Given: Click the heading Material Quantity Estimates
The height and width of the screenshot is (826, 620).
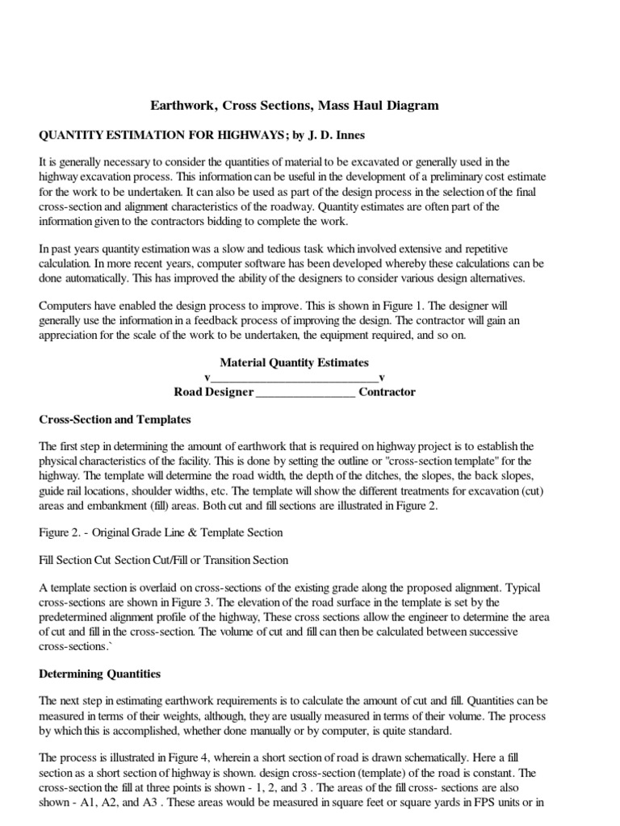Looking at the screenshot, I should [x=294, y=363].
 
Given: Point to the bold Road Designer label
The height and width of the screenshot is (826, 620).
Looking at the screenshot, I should [x=214, y=392].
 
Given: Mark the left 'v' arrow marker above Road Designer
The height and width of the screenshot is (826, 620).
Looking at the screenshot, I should [x=207, y=378].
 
